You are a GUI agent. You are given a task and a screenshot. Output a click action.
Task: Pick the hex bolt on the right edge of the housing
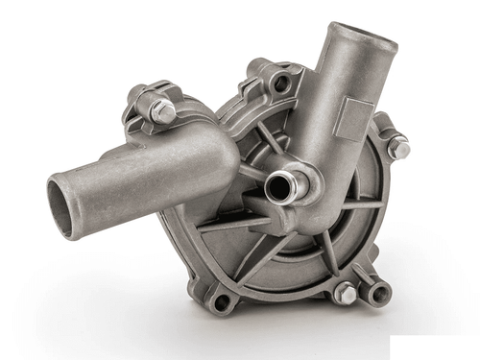(x=399, y=148)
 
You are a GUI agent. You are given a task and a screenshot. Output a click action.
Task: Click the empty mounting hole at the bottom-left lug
(x=221, y=301)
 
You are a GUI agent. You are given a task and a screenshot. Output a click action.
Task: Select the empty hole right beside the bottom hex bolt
(x=380, y=292)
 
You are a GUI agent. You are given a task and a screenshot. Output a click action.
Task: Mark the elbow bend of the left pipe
(x=216, y=154)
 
